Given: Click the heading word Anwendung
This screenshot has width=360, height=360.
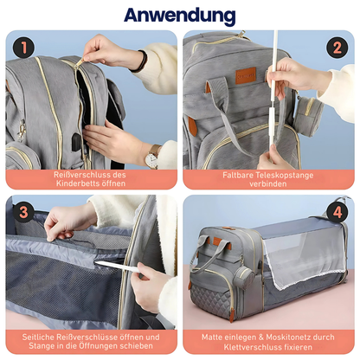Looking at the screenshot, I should click(180, 16).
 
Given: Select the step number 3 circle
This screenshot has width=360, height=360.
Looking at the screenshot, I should click(24, 210).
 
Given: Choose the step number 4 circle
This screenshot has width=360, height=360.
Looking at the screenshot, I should click(335, 210).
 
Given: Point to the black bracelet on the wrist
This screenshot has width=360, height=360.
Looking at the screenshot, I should click(141, 60).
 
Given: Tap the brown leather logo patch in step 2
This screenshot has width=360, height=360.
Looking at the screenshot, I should click(246, 76).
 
